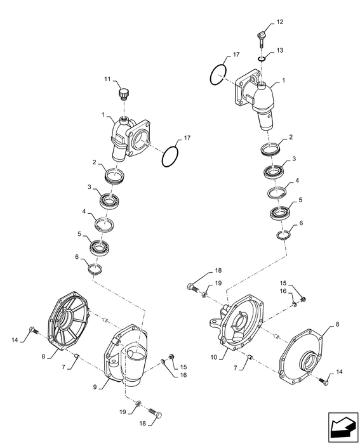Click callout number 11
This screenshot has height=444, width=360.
(108, 79)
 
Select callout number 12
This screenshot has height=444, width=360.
(279, 23)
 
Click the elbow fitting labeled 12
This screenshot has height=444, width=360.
(260, 38)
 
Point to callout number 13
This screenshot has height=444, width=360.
(279, 50)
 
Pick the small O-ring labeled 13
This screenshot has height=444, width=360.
(262, 60)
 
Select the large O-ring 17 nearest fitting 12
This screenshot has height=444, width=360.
(217, 74)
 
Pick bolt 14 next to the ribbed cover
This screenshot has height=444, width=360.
(33, 330)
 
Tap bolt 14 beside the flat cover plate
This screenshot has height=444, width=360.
(325, 381)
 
